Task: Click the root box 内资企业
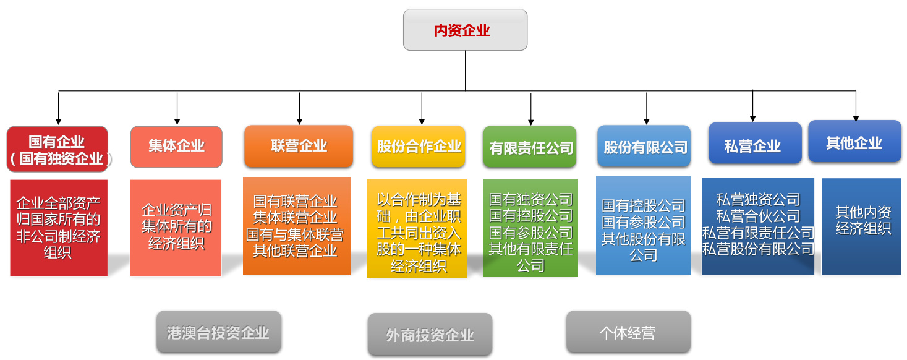point(465,30)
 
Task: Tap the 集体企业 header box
point(176,147)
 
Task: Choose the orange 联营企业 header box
point(299,146)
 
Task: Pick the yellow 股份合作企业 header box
point(419,147)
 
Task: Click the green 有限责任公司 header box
point(530,147)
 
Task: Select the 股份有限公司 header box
point(644,147)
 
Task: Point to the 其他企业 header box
point(854,142)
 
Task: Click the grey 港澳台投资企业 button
point(218,332)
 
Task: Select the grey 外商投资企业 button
point(430,335)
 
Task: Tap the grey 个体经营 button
point(628,332)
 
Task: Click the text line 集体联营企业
point(296,218)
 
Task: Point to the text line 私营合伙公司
point(758,216)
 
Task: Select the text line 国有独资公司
point(530,199)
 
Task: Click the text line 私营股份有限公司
point(758,249)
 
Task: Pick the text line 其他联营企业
point(296,251)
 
